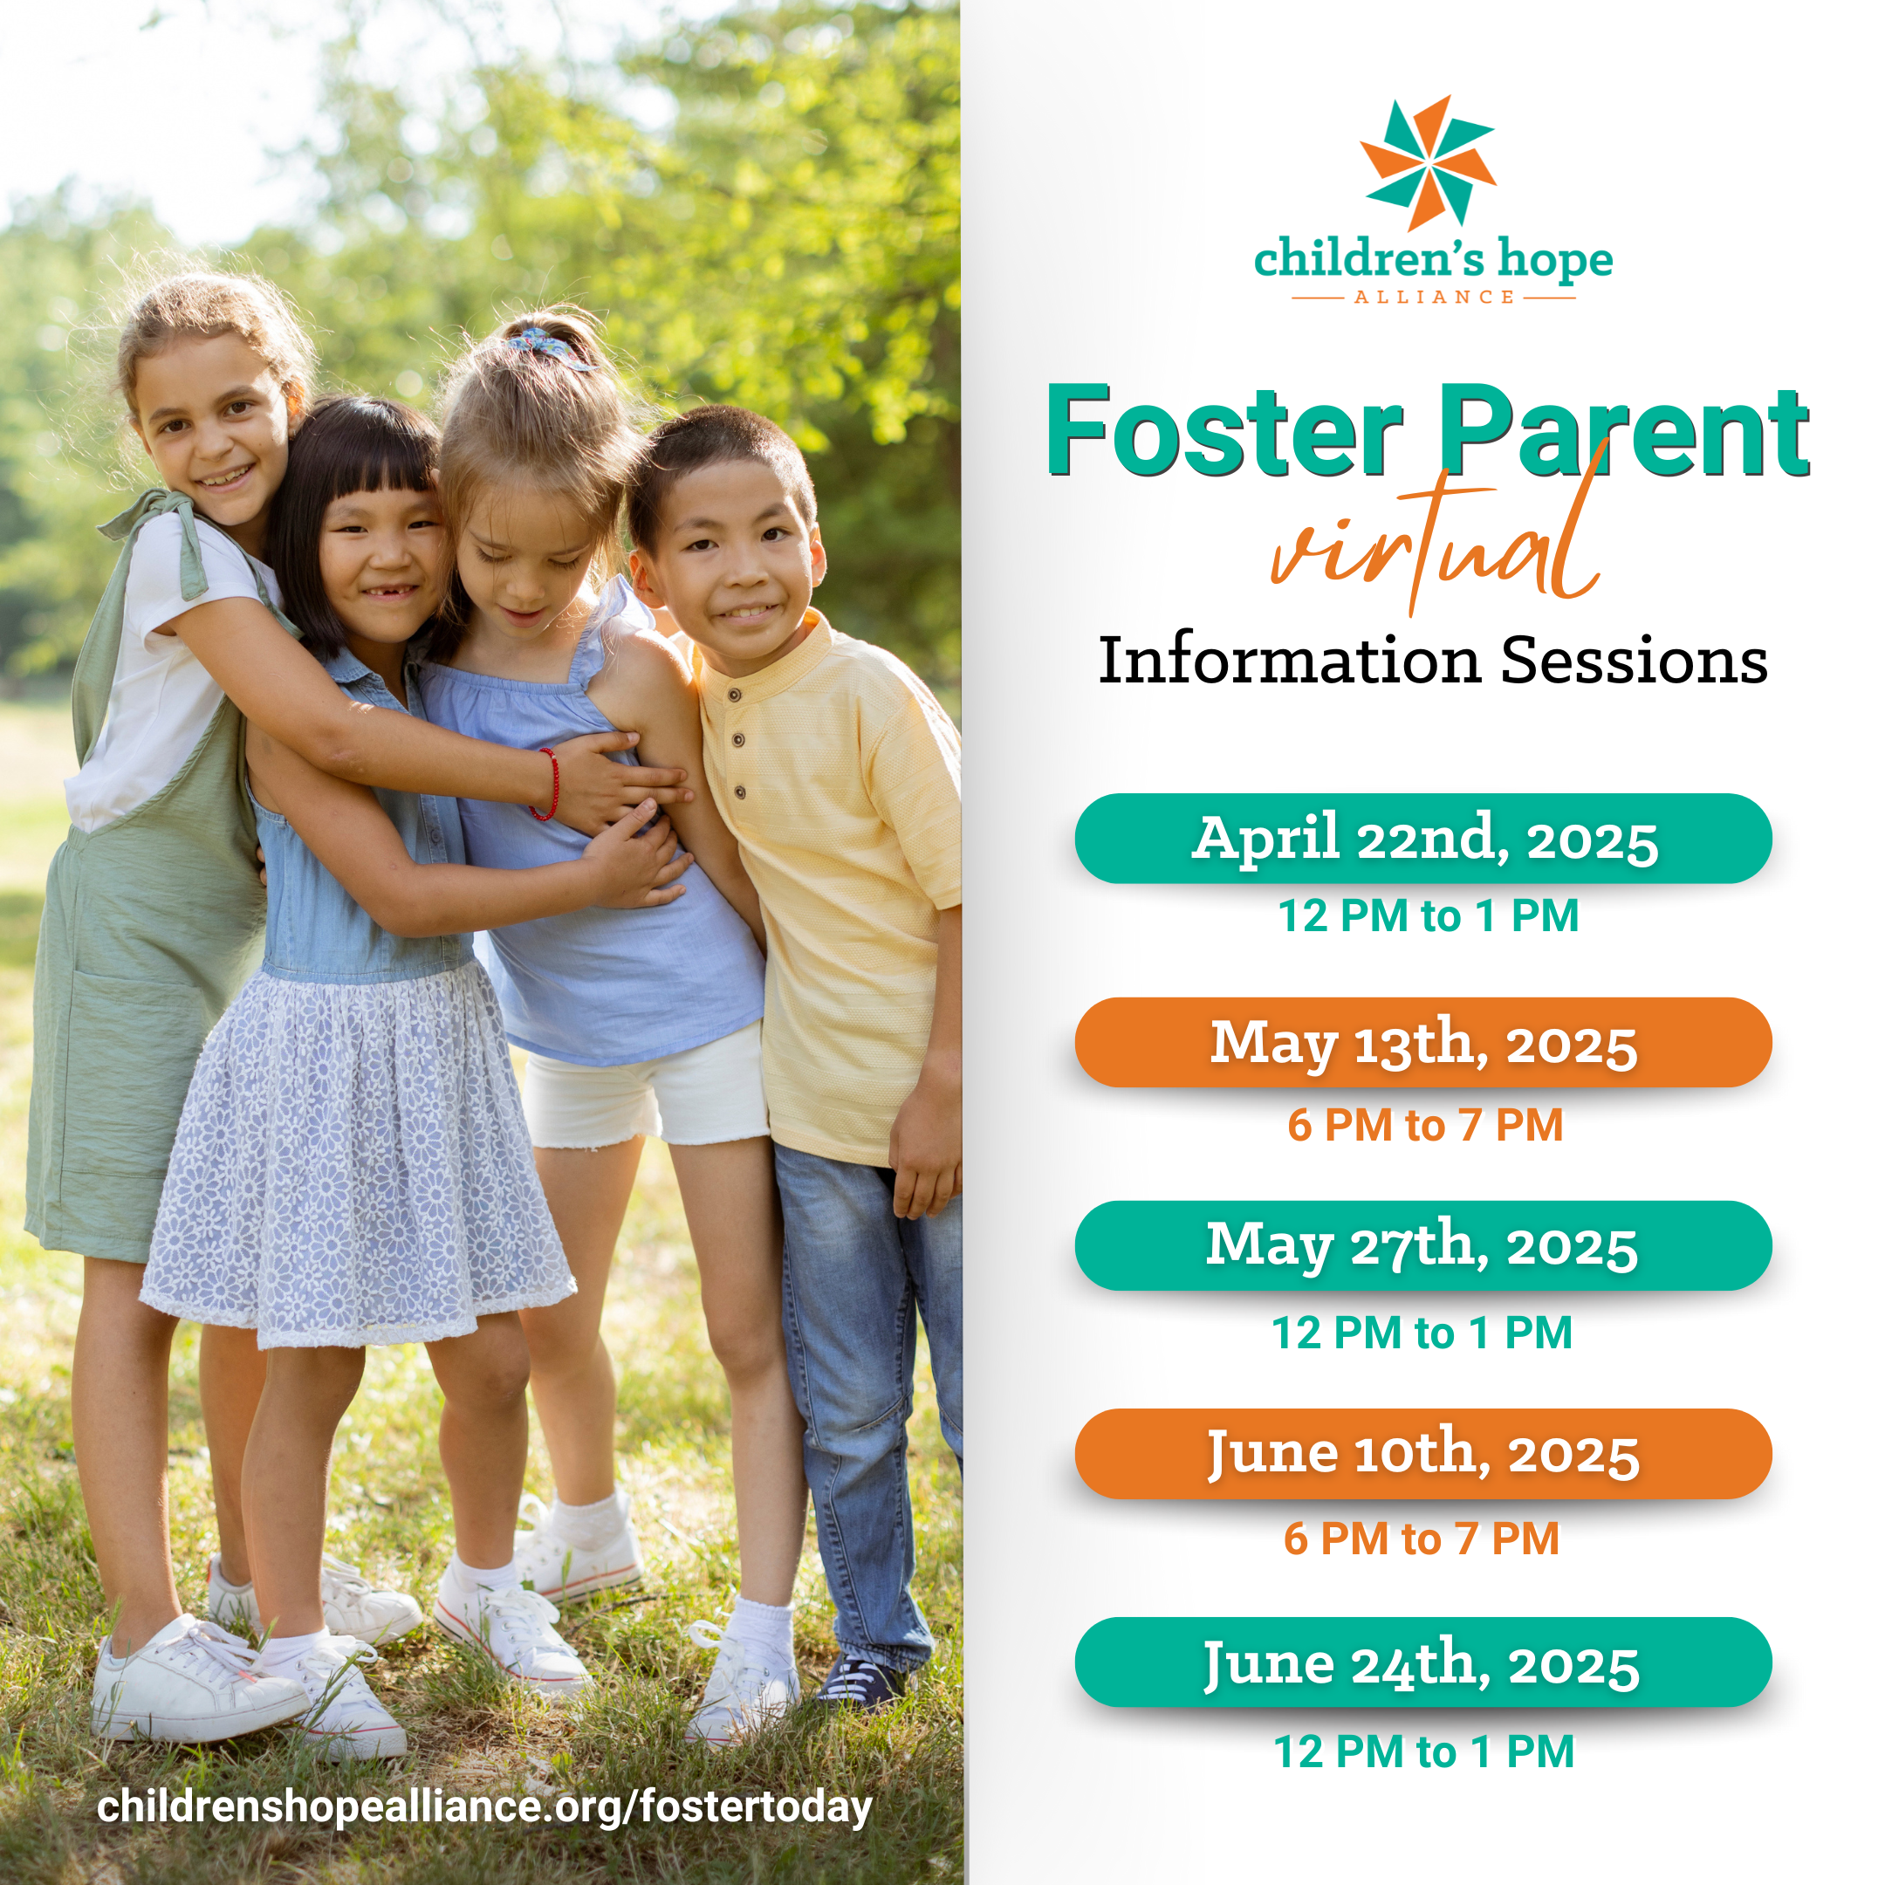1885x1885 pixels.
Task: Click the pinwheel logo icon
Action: pos(1428,164)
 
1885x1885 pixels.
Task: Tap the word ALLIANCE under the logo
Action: pos(1433,297)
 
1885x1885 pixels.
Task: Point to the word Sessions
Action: pos(1635,661)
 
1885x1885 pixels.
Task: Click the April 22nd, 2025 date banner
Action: pos(1423,839)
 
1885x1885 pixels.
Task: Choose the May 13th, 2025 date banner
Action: pos(1423,1043)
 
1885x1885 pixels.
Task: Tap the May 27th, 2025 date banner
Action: pos(1423,1246)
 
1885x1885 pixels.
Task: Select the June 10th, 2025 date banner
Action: pos(1423,1454)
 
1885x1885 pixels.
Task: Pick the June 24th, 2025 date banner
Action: pos(1423,1662)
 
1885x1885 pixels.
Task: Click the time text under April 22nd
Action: pos(1429,916)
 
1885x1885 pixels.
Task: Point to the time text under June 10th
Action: pos(1422,1539)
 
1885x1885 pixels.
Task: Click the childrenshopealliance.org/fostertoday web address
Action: pos(485,1808)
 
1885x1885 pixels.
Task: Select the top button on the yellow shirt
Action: pos(735,695)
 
